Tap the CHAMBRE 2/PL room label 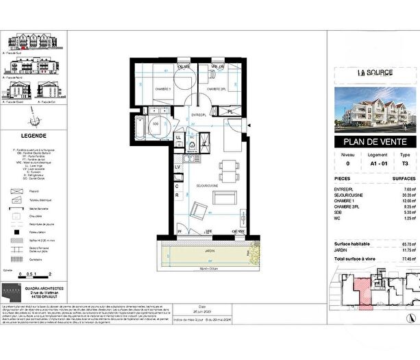tap(214, 89)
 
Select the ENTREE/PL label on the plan tap(199, 115)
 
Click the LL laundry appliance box tap(179, 139)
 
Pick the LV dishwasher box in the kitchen tap(177, 167)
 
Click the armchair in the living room tap(198, 211)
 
